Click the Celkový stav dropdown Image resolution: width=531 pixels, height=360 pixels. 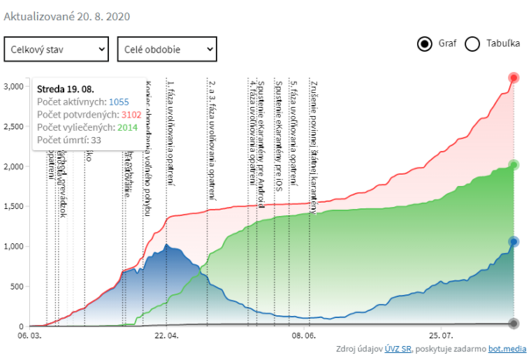point(56,50)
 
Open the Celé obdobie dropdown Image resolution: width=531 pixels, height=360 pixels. point(166,50)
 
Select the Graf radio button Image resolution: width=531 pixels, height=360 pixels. point(425,44)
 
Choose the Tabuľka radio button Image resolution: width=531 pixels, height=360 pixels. point(471,44)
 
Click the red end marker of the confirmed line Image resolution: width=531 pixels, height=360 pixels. point(514,78)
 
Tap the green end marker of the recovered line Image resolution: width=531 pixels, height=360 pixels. point(514,165)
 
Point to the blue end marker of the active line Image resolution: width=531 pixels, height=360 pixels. point(514,241)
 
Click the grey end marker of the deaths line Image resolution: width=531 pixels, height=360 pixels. point(514,323)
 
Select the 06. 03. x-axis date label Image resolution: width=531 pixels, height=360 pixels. point(30,335)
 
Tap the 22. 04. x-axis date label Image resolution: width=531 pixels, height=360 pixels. point(166,335)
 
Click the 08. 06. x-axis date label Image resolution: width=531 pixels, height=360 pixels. point(303,335)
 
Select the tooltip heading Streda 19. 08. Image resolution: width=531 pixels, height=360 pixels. point(68,89)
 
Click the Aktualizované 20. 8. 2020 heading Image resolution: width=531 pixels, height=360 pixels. point(68,18)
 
